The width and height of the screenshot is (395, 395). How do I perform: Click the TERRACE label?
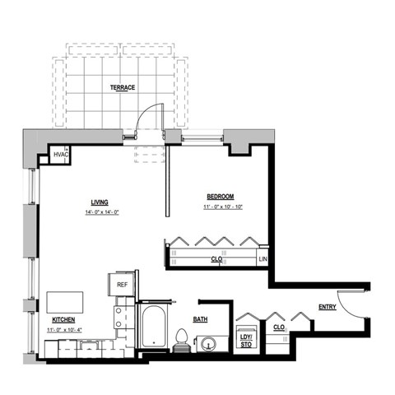[x=122, y=87]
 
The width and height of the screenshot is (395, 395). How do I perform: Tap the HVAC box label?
[x=61, y=154]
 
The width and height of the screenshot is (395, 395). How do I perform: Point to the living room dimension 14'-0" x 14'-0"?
[x=102, y=213]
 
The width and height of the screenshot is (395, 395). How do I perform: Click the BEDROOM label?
[x=220, y=197]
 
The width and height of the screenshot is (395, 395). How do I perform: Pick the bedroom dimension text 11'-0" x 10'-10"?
[x=221, y=207]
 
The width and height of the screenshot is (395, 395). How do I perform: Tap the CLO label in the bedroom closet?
[x=217, y=259]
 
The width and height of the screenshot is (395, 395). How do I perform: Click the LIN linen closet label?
[x=263, y=260]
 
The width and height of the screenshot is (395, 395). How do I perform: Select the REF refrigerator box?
[x=121, y=284]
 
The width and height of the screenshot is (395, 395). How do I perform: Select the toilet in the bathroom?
[x=182, y=339]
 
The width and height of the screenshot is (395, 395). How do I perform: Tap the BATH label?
[x=200, y=319]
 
